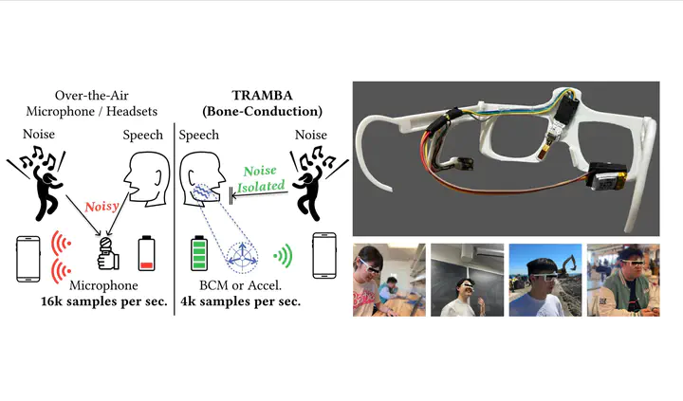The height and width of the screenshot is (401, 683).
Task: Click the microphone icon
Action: point(107,254)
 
